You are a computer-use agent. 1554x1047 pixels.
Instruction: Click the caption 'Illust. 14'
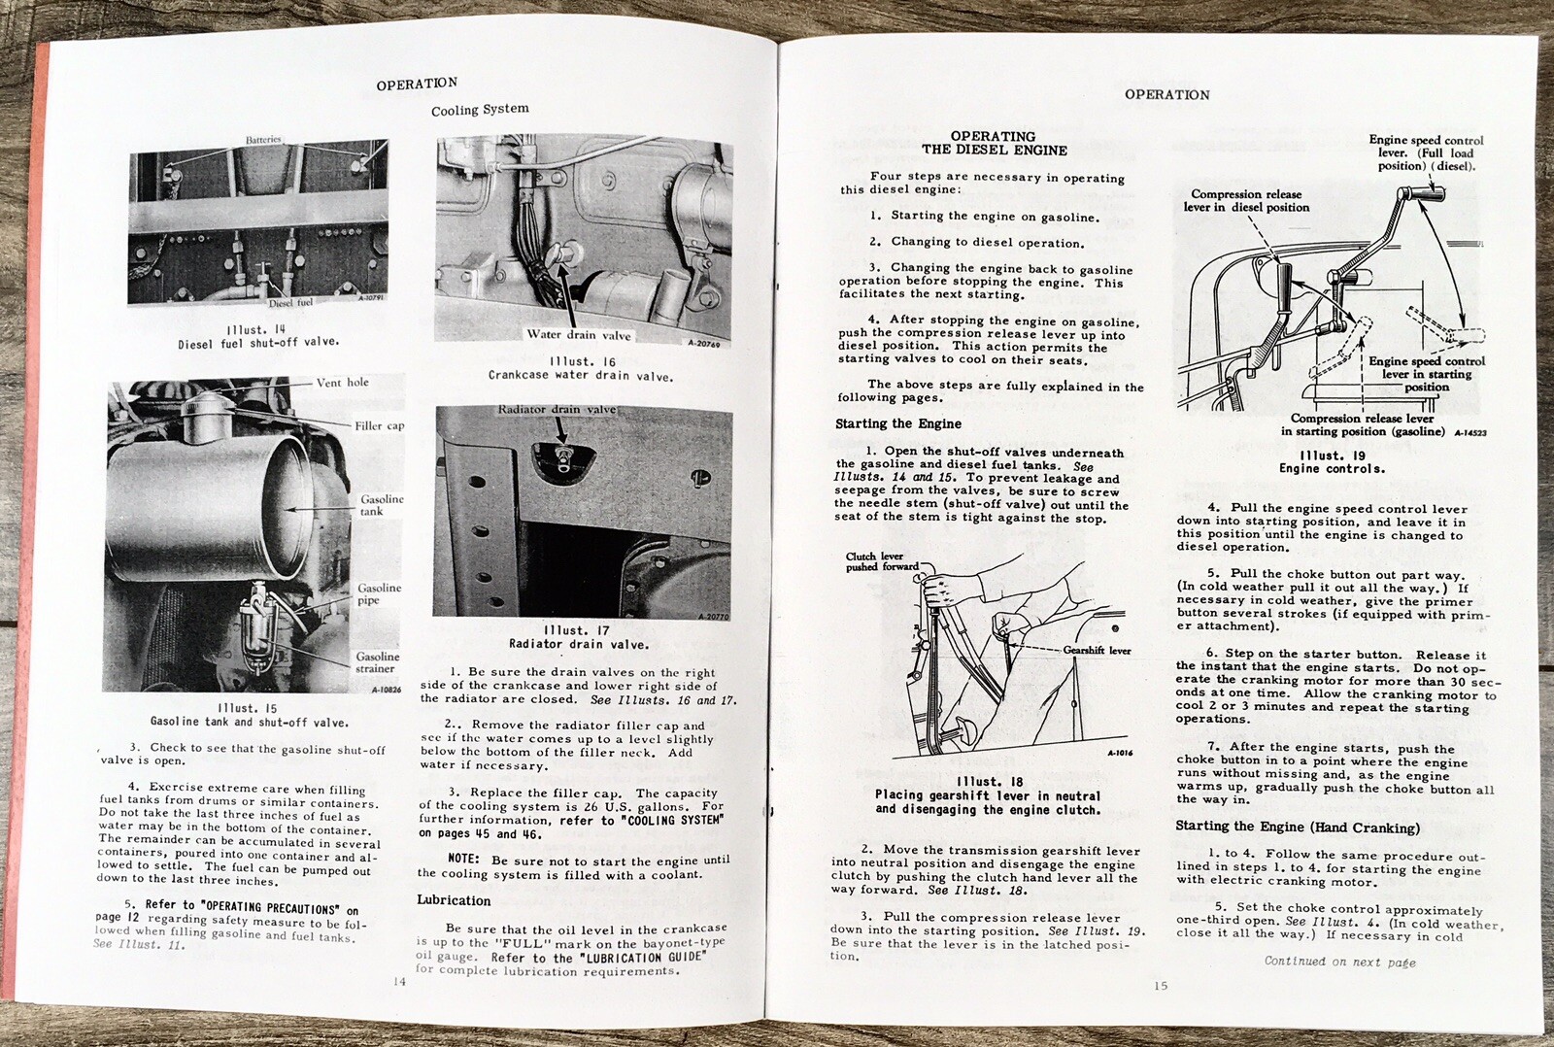(x=256, y=329)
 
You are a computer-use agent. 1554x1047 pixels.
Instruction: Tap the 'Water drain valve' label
(x=579, y=335)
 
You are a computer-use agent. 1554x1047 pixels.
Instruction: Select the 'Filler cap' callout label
(x=380, y=425)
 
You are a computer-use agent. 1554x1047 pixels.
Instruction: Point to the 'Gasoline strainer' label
(x=377, y=662)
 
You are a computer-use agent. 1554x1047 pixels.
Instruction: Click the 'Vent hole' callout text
(x=342, y=383)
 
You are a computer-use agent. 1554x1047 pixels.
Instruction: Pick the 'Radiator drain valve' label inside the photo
(x=557, y=410)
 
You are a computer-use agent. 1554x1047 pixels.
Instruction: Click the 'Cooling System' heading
(x=480, y=110)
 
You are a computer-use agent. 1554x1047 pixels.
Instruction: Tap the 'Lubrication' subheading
(x=454, y=900)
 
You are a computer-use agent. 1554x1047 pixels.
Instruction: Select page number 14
(x=399, y=981)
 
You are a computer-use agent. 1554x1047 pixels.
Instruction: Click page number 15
(x=1161, y=985)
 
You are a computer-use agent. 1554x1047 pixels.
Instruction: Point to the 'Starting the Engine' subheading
(x=898, y=423)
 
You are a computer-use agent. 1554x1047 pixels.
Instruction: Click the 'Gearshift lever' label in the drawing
(x=1097, y=650)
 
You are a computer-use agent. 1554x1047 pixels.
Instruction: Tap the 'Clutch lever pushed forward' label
(x=879, y=561)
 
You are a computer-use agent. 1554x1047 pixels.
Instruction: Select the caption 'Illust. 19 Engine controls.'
(x=1332, y=461)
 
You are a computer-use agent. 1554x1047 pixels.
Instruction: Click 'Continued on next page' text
(x=1339, y=962)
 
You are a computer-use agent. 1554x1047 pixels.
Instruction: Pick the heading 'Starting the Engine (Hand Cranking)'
(x=1298, y=827)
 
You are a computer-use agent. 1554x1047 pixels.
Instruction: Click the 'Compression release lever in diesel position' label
(x=1246, y=200)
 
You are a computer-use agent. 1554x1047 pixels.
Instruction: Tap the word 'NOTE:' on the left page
(x=463, y=860)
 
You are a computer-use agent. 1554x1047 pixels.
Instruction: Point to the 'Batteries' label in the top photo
(x=263, y=140)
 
